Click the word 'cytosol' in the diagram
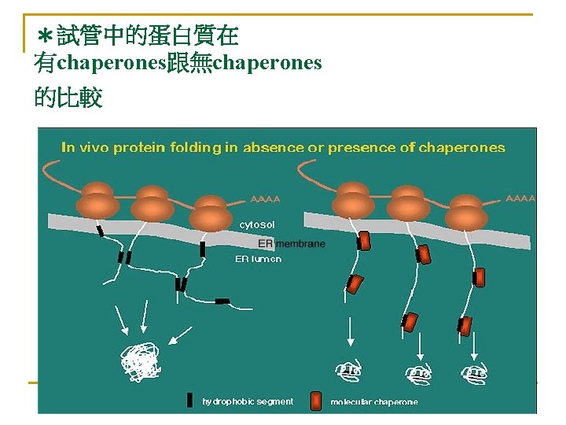pyautogui.click(x=257, y=225)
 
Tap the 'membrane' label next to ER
pyautogui.click(x=300, y=244)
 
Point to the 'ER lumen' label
pyautogui.click(x=258, y=259)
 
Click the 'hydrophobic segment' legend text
pyautogui.click(x=248, y=401)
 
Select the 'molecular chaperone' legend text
pyautogui.click(x=374, y=402)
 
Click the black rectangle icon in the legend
pyautogui.click(x=189, y=401)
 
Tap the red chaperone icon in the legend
pyautogui.click(x=316, y=401)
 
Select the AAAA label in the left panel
pyautogui.click(x=265, y=198)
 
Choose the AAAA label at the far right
pyautogui.click(x=520, y=198)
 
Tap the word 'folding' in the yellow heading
pyautogui.click(x=187, y=148)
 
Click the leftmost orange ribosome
pyautogui.click(x=98, y=200)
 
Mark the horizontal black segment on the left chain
pyautogui.click(x=222, y=301)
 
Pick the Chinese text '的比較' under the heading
pyautogui.click(x=68, y=98)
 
